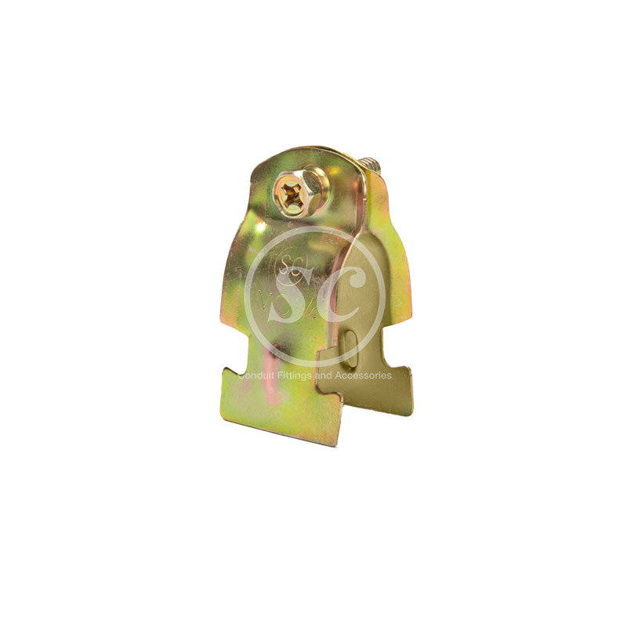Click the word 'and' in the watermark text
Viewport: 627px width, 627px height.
coord(324,375)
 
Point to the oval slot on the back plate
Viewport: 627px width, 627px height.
coord(350,346)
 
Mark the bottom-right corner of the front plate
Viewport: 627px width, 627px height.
coord(338,443)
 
